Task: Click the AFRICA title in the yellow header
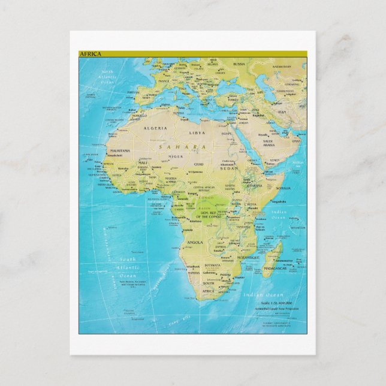(x=91, y=54)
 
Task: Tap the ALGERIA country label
(x=153, y=128)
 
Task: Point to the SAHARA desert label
(x=175, y=146)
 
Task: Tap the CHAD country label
(x=198, y=164)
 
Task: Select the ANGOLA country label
(x=196, y=242)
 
